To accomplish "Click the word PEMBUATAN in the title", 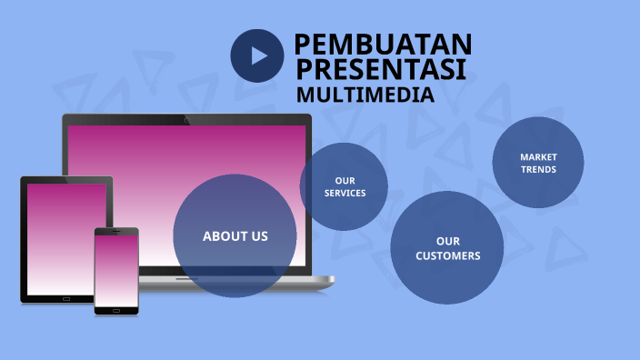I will tap(383, 44).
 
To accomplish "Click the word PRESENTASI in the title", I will tap(382, 69).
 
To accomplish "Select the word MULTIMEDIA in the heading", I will tap(365, 94).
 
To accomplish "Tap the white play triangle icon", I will tap(259, 55).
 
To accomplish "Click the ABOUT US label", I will tap(235, 236).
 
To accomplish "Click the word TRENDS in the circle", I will tap(538, 169).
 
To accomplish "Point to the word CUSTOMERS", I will tap(447, 255).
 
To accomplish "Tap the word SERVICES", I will tap(345, 193).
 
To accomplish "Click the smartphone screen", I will tap(116, 271).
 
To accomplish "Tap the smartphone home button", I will tap(116, 310).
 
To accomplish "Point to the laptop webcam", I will tap(187, 119).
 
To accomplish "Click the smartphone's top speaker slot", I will tap(116, 231).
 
